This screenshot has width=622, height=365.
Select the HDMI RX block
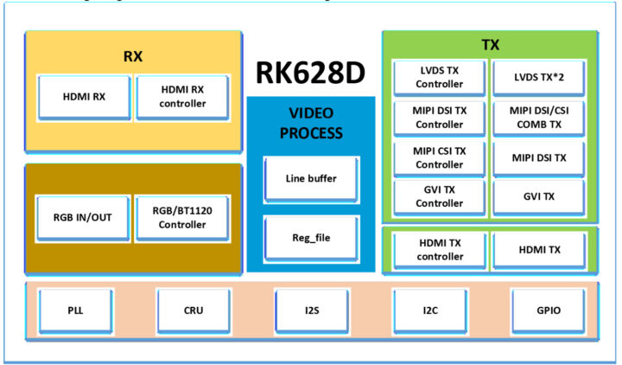[84, 97]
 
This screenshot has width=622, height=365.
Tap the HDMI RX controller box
[182, 97]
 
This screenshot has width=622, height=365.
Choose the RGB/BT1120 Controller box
[182, 217]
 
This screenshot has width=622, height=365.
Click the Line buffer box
[310, 178]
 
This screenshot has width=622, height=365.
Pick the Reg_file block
[310, 235]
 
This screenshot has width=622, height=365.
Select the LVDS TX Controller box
[440, 78]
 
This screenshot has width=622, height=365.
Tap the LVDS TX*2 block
[540, 78]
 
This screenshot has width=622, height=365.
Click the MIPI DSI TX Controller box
[440, 117]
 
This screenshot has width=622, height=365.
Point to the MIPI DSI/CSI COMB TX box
[540, 117]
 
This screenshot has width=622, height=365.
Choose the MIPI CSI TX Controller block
[440, 157]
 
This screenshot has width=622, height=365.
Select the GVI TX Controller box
[440, 196]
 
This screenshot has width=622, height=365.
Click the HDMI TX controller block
[440, 250]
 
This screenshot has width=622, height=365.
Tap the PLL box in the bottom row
[75, 309]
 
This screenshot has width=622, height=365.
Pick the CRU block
[194, 309]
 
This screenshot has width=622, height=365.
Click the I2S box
[311, 309]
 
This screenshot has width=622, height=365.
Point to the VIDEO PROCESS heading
[310, 122]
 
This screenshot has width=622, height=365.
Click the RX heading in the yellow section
[133, 56]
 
